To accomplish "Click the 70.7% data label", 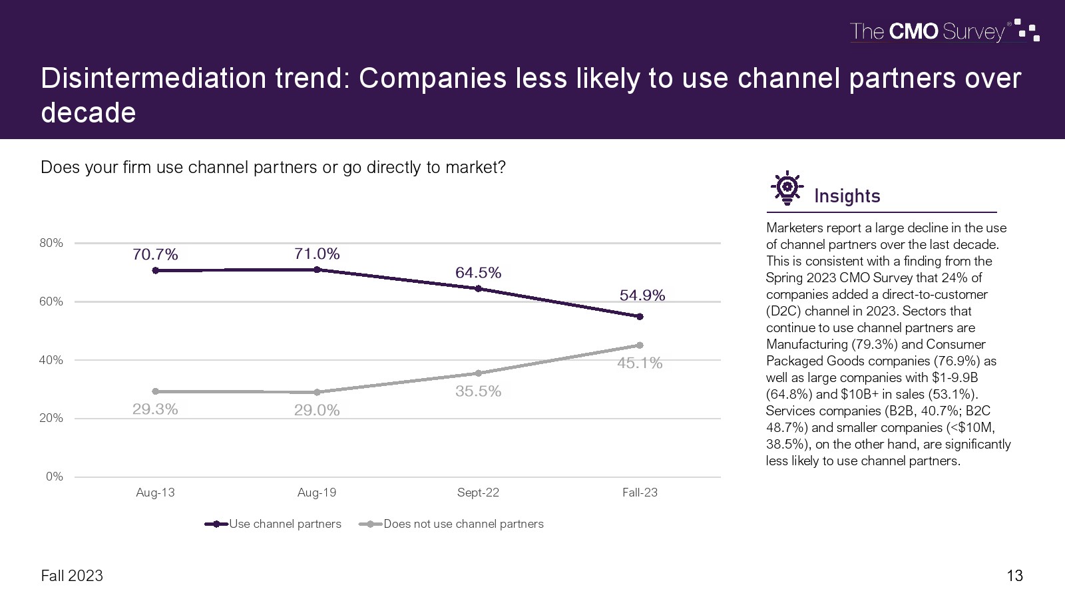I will pos(155,254).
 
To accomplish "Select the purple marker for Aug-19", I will pos(317,270).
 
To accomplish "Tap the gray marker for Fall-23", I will pos(640,345).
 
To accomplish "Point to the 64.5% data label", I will pos(478,273).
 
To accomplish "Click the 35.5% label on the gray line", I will pos(478,391).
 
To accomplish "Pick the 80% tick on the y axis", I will pos(51,243).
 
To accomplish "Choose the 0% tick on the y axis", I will pos(55,477).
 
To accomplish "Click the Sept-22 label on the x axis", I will pos(478,493).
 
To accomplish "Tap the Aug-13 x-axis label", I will pos(155,493).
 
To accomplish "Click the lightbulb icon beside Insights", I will pos(787,188).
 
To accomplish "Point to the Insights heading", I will pos(847,196).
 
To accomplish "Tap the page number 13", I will pos(1014,576).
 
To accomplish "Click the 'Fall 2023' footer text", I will pos(72,576).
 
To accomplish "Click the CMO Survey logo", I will pos(944,31).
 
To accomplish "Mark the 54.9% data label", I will pos(642,296).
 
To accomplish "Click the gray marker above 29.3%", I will pos(155,391).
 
